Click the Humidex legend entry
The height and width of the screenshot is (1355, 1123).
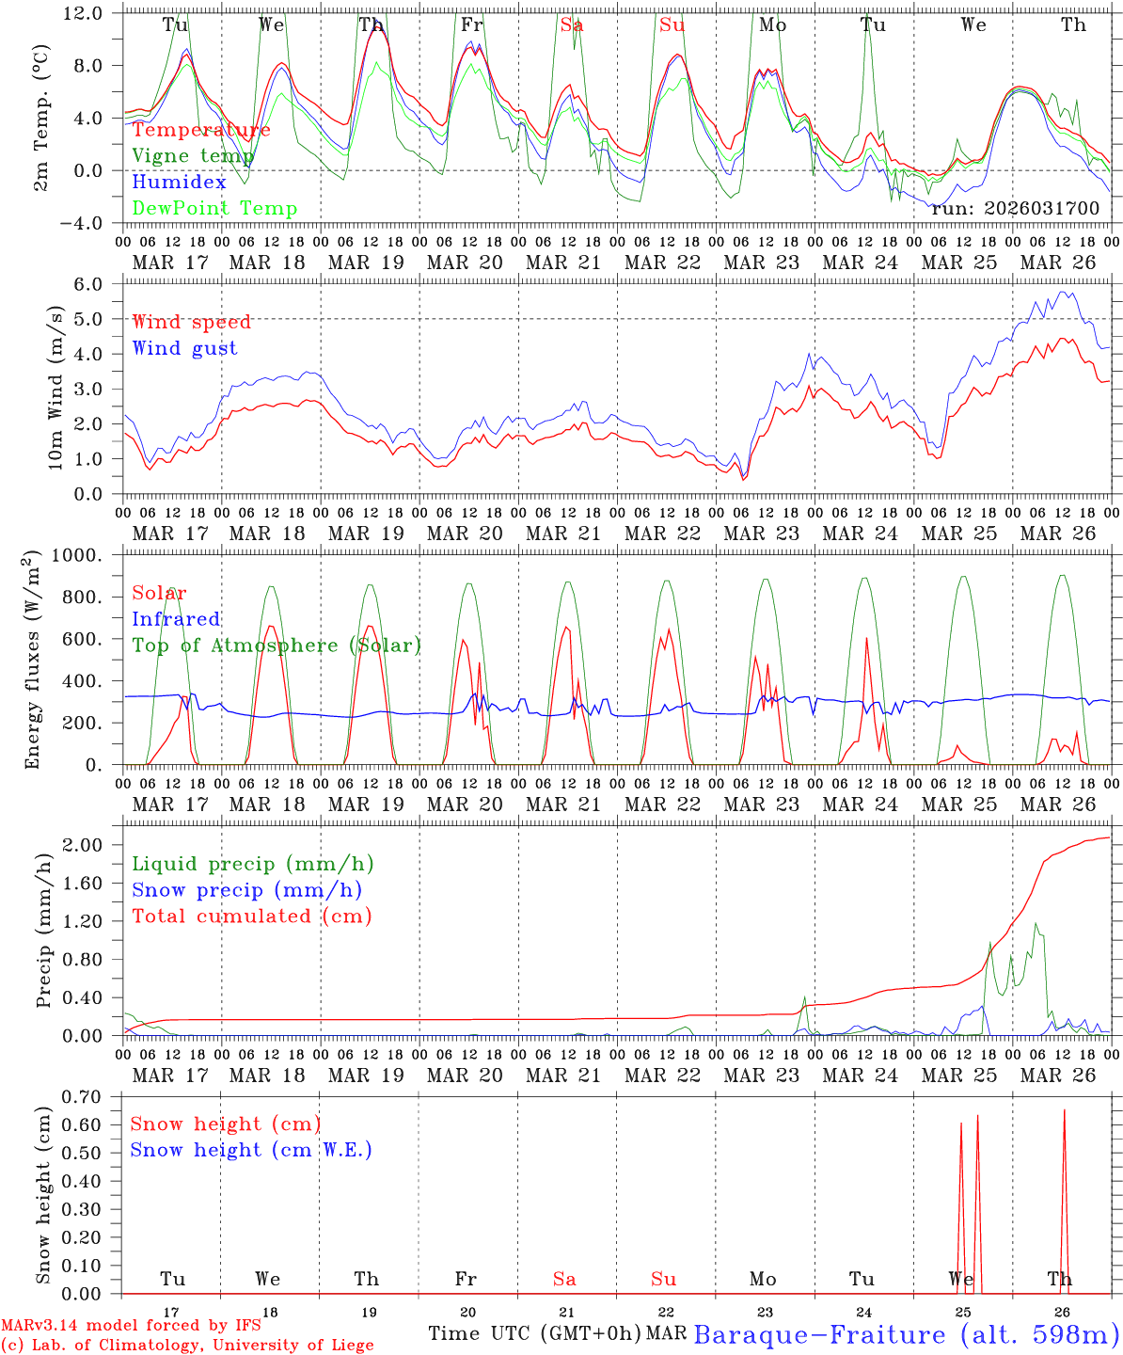coord(180,183)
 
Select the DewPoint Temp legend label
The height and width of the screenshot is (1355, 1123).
coord(214,209)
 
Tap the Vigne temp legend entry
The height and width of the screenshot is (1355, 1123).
coord(193,156)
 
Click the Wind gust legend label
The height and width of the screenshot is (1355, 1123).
coord(185,348)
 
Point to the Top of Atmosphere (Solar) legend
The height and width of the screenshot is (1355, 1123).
coord(277,646)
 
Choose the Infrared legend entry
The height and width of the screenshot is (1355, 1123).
coord(176,619)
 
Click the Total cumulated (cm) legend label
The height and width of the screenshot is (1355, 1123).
coord(252,916)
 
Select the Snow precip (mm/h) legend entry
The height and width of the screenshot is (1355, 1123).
coord(247,890)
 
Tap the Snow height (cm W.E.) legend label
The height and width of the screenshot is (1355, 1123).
coord(251,1150)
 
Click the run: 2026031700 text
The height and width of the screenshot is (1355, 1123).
coord(1015,209)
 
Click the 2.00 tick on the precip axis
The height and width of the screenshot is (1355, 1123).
coord(90,845)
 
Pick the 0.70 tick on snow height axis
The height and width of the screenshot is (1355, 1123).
coord(90,1096)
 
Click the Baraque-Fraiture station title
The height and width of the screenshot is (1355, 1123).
coord(906,1334)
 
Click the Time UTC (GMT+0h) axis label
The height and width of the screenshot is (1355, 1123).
coord(534,1333)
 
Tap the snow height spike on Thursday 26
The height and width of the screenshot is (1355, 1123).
coord(1064,1111)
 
